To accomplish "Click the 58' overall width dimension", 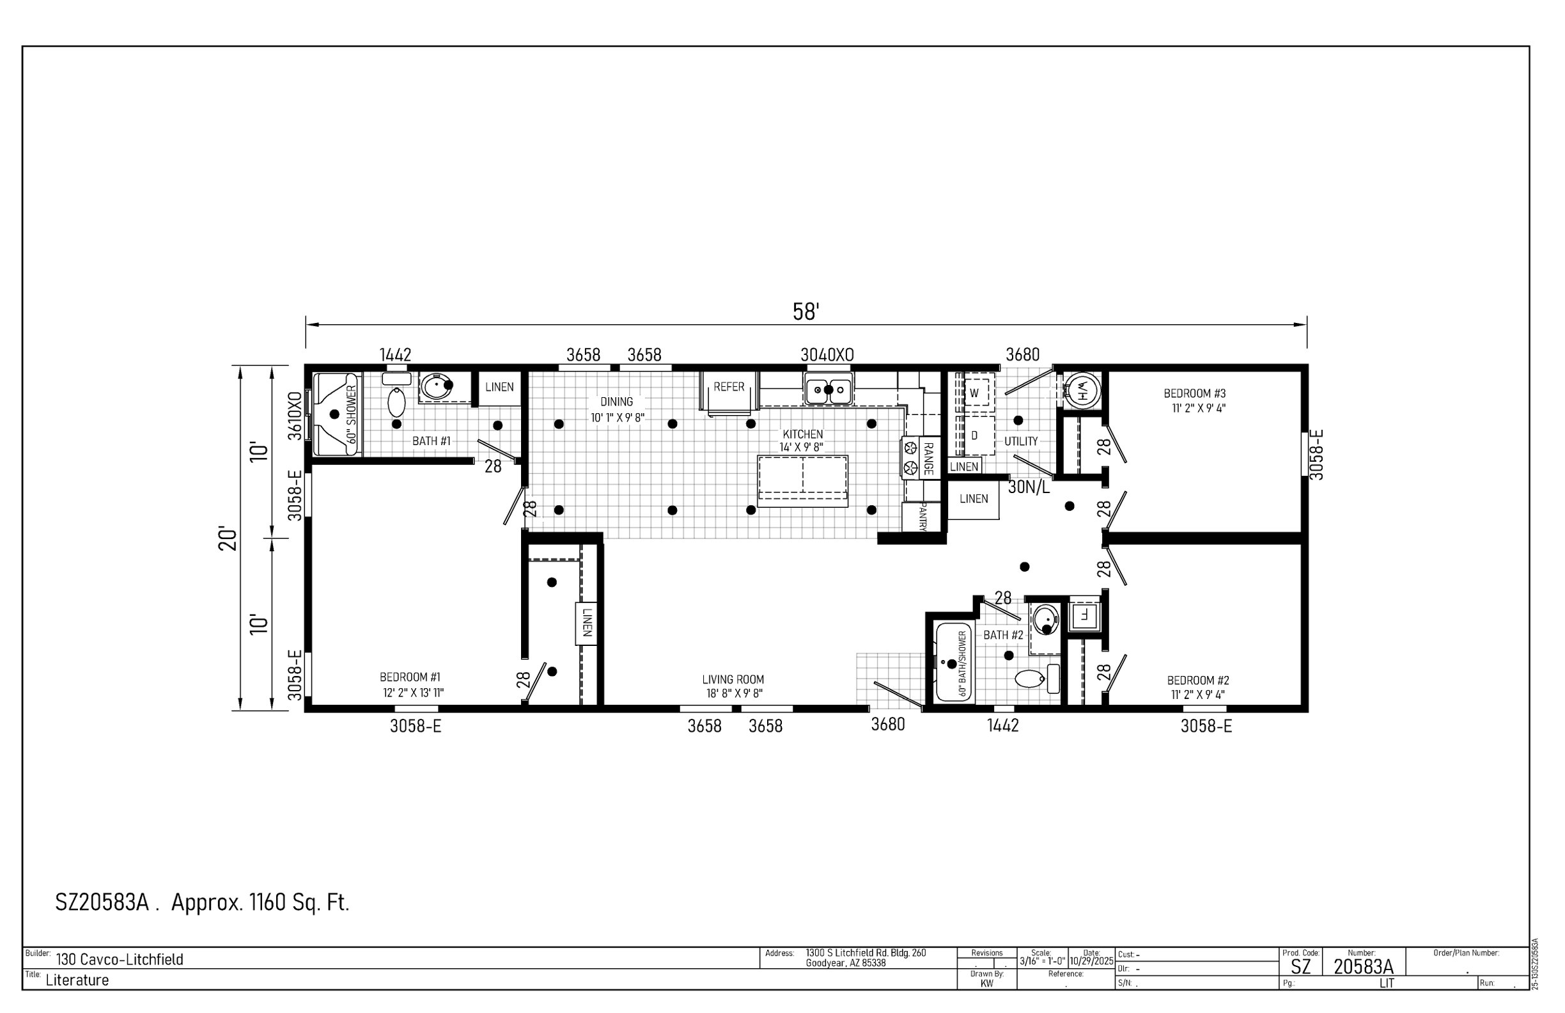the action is point(806,312).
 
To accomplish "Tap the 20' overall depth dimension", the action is point(228,538).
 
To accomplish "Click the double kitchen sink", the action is point(829,390).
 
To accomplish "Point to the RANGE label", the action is point(928,459).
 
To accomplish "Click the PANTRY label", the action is point(923,517).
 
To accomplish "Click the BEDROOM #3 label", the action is point(1195,393).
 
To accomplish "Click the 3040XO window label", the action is point(827,355).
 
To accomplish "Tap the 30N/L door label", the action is point(1029,487).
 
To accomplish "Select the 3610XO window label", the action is point(296,416).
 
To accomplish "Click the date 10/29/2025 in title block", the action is point(1091,961).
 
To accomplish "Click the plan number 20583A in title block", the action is point(1363,966).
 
